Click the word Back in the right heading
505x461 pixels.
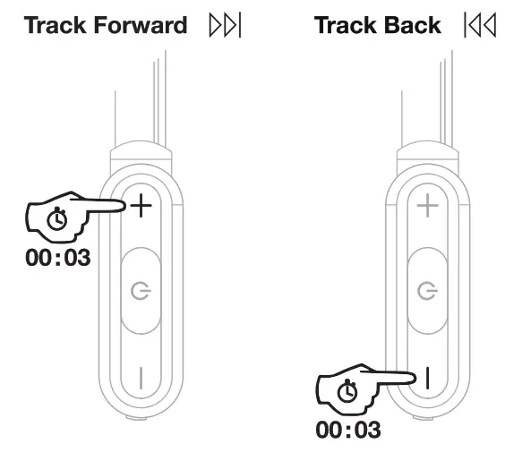(415, 24)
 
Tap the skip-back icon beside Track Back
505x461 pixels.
(479, 25)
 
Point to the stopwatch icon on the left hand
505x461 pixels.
(56, 218)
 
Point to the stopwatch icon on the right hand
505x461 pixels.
(347, 390)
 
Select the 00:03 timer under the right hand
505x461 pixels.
(347, 429)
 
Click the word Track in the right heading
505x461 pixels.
(349, 24)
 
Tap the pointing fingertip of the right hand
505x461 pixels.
(410, 379)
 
